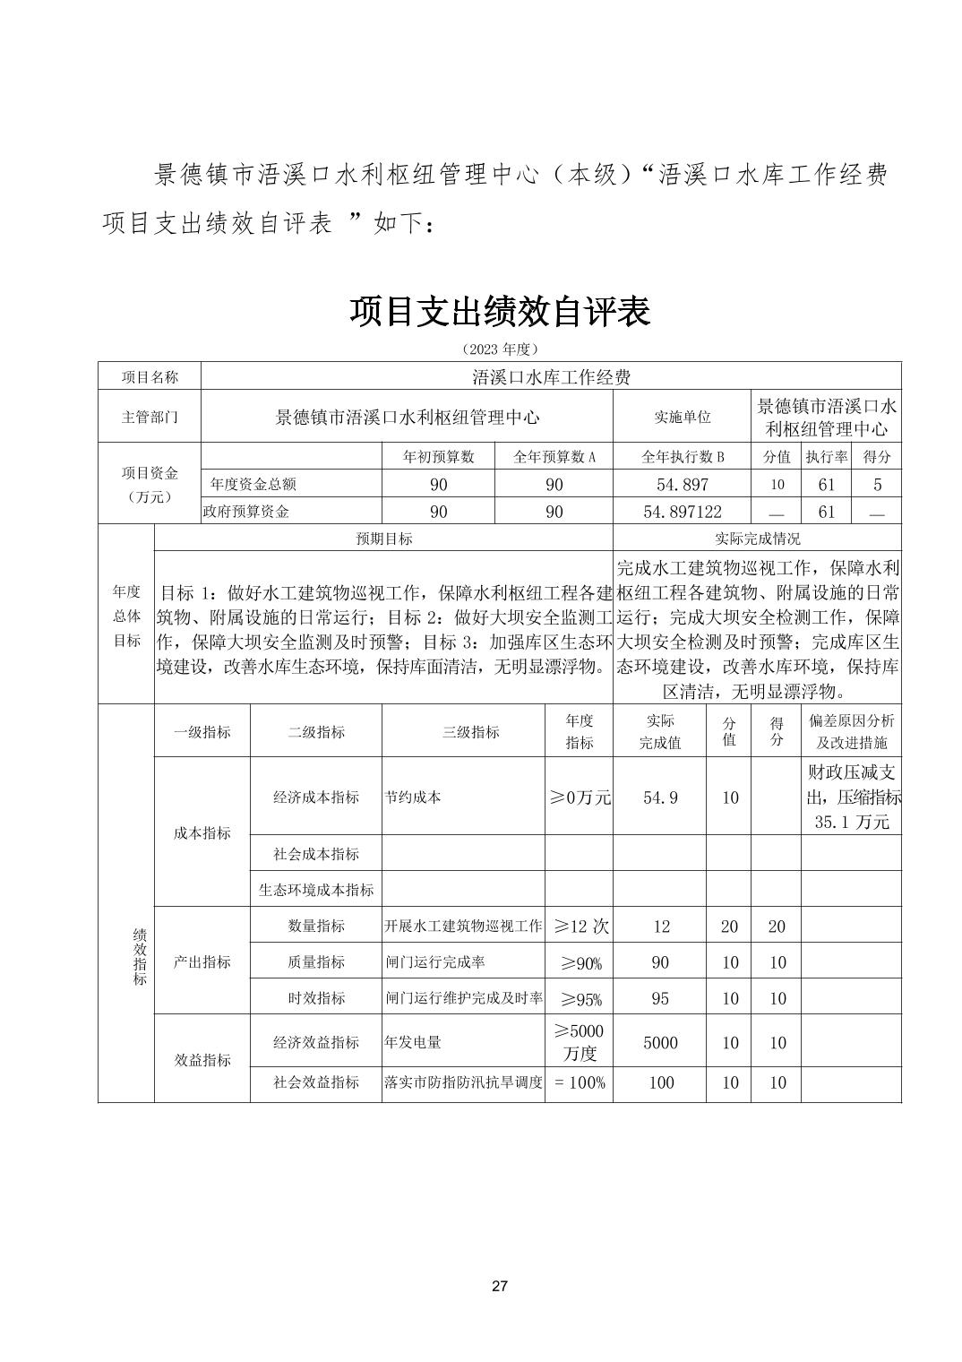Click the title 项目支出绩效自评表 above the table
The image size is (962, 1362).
(x=499, y=311)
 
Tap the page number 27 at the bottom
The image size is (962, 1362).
(x=500, y=1287)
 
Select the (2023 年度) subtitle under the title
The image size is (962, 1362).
(x=499, y=349)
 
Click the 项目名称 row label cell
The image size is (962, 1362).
(x=150, y=376)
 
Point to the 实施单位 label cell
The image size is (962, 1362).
(x=682, y=417)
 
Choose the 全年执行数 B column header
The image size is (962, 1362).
(x=682, y=456)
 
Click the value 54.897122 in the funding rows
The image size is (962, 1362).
(x=682, y=512)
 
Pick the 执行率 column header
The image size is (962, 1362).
(x=826, y=456)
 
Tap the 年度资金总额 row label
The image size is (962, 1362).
(x=253, y=484)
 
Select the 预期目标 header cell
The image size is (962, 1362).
(x=384, y=539)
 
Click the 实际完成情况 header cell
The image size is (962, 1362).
(x=757, y=539)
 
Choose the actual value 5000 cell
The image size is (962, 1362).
(x=660, y=1042)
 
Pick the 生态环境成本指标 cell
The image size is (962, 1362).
(x=316, y=890)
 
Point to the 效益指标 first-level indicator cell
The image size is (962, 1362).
(x=202, y=1060)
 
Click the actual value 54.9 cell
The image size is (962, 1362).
(x=660, y=797)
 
